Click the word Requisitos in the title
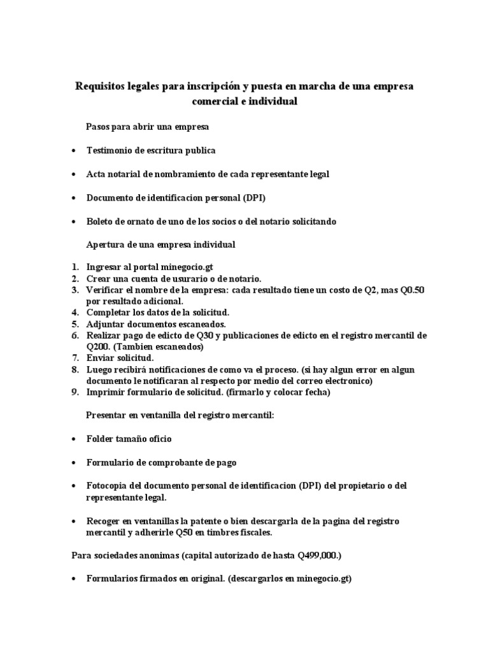pos(103,85)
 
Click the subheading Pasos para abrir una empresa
pos(148,127)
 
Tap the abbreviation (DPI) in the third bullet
pos(253,197)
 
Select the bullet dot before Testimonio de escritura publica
pos(74,151)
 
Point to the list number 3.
pos(74,290)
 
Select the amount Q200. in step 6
pos(99,346)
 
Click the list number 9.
pos(74,392)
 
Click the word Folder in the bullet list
pos(101,439)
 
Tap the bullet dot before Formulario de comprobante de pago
pos(74,462)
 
